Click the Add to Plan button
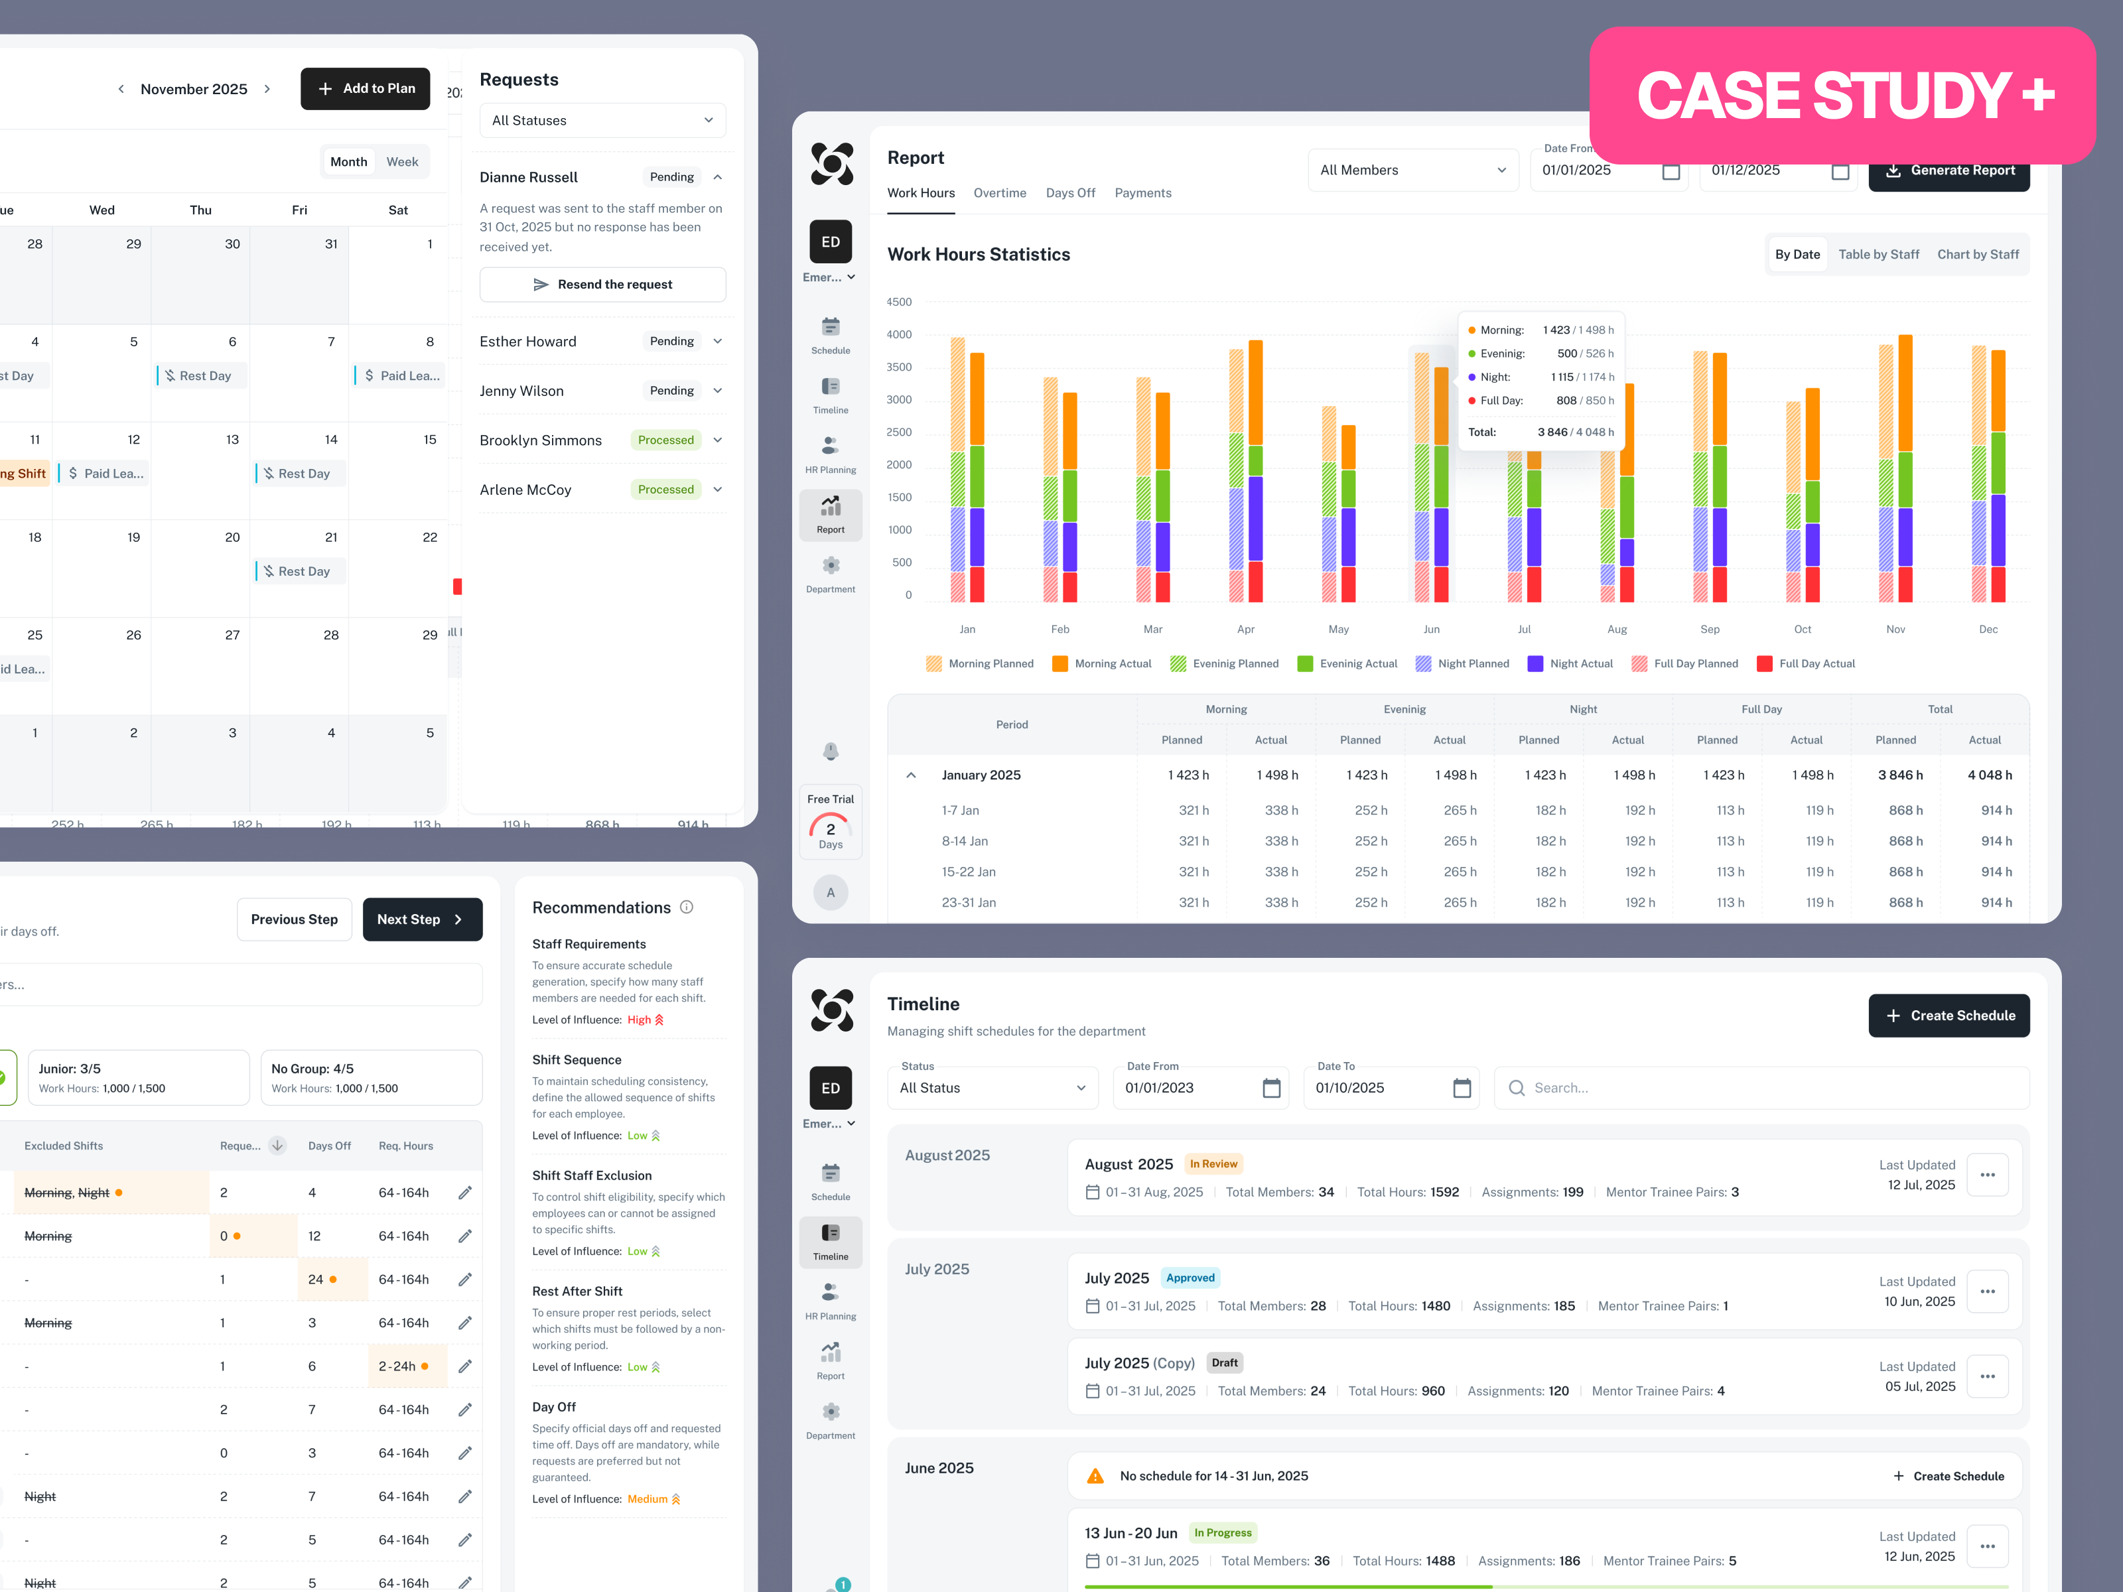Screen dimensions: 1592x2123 365,88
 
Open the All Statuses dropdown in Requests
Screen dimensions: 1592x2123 602,120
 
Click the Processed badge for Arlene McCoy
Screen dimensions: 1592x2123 665,490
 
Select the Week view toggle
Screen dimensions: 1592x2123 402,161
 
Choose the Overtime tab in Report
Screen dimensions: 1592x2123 999,193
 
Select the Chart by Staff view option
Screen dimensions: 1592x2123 1977,254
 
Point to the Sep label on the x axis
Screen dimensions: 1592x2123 1709,630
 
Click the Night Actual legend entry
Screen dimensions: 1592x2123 1570,663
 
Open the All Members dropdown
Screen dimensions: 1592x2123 1412,170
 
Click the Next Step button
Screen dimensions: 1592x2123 421,919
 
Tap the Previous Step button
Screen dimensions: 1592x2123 294,919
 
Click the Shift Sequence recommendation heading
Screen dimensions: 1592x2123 577,1059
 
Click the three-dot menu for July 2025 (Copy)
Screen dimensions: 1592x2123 1987,1376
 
